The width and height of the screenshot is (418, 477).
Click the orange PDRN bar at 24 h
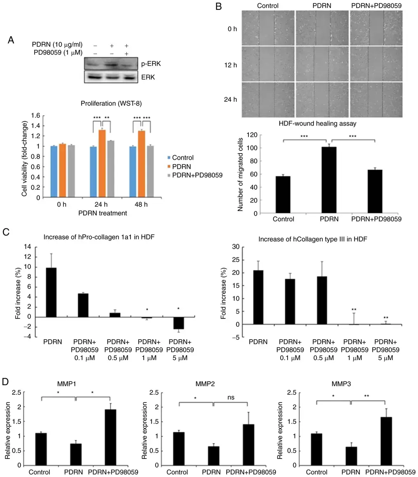click(x=102, y=164)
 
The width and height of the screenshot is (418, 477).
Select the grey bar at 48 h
click(x=151, y=172)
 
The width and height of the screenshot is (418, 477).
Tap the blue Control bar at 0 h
click(x=54, y=172)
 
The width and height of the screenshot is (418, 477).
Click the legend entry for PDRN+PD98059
click(x=195, y=175)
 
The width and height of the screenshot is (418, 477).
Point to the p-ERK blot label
click(x=151, y=63)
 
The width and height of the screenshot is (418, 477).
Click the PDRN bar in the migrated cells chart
click(x=329, y=180)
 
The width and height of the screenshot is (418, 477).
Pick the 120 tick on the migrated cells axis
click(x=252, y=135)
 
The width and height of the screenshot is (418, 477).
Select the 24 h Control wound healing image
click(x=268, y=100)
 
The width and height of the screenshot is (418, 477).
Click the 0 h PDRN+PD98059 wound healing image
click(x=376, y=28)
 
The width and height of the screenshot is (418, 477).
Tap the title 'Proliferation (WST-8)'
click(x=111, y=103)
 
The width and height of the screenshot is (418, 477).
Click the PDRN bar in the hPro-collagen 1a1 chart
click(x=51, y=292)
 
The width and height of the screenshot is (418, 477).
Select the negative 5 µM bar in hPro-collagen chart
click(x=179, y=323)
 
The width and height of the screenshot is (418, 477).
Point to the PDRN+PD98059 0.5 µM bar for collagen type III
click(x=322, y=300)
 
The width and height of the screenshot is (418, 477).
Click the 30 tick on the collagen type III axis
click(x=236, y=247)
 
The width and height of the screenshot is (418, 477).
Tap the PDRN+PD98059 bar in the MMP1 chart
click(x=111, y=437)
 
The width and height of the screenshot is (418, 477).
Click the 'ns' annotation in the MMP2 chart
click(x=231, y=397)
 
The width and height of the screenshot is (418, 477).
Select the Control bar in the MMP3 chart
click(x=316, y=449)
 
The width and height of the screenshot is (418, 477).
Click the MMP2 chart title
click(x=205, y=384)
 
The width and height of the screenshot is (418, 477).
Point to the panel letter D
click(x=5, y=382)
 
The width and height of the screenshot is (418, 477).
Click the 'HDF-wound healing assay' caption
click(x=318, y=123)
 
